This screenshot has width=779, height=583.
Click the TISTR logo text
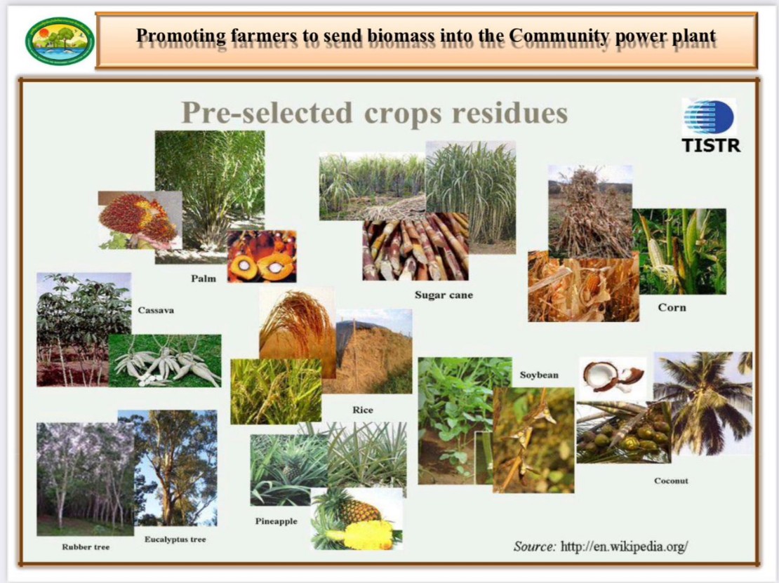tap(711, 145)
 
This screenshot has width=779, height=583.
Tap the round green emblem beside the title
tap(60, 41)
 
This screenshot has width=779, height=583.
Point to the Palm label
tap(204, 279)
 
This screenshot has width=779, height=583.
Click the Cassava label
tap(156, 310)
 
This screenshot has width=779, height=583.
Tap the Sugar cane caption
tap(444, 295)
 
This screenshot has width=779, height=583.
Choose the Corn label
tap(672, 307)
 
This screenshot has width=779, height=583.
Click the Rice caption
tap(363, 410)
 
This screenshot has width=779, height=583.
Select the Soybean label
tap(539, 375)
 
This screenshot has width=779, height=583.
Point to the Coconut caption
tap(671, 481)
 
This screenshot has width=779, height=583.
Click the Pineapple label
tap(277, 521)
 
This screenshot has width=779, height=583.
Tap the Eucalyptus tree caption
tap(175, 540)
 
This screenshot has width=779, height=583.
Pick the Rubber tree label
tap(86, 547)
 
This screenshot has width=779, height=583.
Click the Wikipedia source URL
tap(625, 547)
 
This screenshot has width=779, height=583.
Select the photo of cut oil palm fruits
tap(262, 256)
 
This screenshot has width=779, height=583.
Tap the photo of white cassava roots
tap(165, 361)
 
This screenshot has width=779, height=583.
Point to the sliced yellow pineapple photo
tap(357, 518)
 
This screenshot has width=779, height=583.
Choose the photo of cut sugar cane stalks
tap(415, 247)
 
